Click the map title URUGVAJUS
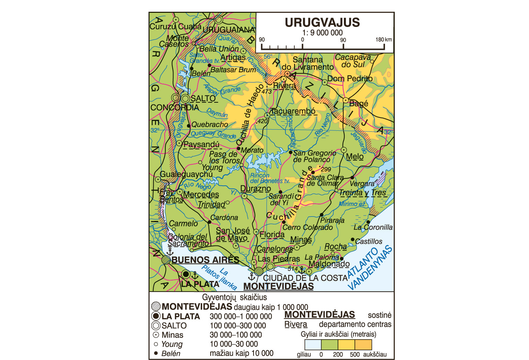click(322, 22)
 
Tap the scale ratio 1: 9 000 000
click(322, 33)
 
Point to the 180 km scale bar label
click(384, 39)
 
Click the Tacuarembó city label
click(293, 111)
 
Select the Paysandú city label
click(201, 144)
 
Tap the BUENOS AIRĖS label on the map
click(206, 260)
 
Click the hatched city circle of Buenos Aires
click(166, 260)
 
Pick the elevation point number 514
click(292, 269)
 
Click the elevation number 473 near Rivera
click(266, 92)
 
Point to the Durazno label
click(256, 188)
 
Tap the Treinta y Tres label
click(362, 193)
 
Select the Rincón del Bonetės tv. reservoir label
click(270, 178)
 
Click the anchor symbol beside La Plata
click(195, 275)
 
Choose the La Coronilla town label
click(373, 227)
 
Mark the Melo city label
click(355, 156)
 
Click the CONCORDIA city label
click(175, 108)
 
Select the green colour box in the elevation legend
click(329, 345)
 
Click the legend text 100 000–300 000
click(238, 326)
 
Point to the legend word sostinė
click(380, 315)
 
